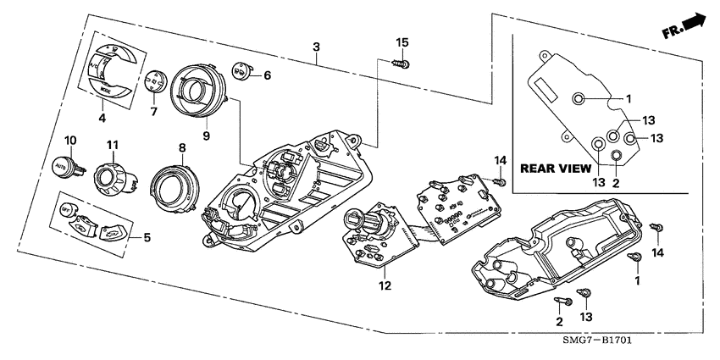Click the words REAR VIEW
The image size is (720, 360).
(556, 169)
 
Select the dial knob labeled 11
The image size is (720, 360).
(110, 178)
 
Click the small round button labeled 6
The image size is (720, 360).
(240, 74)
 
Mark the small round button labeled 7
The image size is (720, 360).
(153, 82)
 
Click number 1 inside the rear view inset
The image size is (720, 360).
(629, 99)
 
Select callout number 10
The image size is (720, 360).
(70, 140)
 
